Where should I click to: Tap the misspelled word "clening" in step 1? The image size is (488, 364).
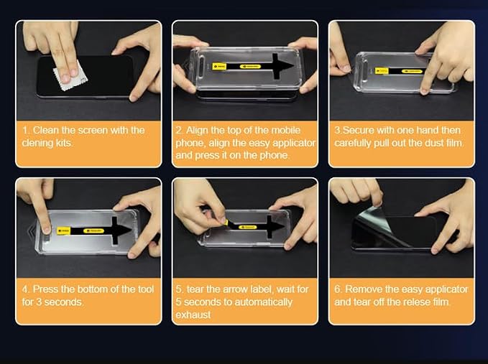36,143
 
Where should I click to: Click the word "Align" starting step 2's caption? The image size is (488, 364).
196,130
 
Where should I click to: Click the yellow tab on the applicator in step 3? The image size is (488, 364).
382,71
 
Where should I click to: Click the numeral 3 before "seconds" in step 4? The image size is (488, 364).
40,302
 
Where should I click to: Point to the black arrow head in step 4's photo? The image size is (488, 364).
121,230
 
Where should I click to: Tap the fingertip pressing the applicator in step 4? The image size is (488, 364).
47,229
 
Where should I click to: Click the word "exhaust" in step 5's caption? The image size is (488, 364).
193,314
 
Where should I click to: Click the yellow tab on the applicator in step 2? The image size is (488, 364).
219,67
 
